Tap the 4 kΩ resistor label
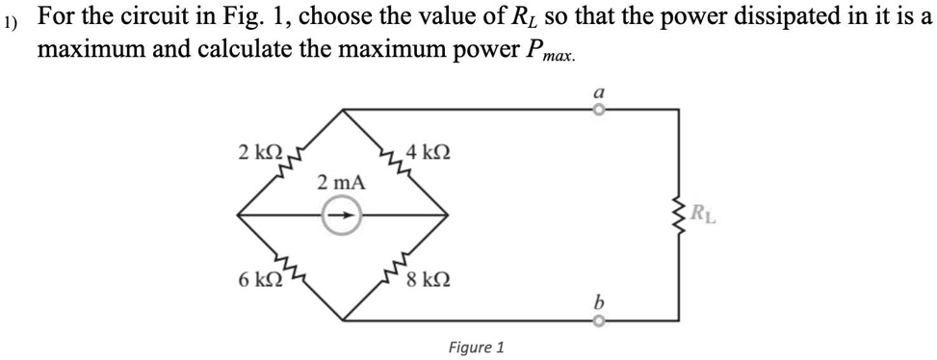pos(428,151)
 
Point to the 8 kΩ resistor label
pos(428,281)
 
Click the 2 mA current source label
pos(339,182)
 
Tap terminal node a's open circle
pos(598,110)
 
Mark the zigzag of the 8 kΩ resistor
pos(394,279)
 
